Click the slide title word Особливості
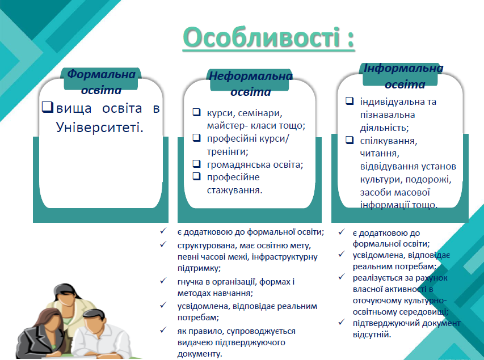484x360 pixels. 262,37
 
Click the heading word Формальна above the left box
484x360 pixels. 101,74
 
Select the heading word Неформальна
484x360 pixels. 251,76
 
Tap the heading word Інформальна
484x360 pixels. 403,68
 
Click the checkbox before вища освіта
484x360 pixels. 48,107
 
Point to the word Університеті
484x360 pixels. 100,127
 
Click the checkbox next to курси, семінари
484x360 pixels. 197,112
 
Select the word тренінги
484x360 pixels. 228,152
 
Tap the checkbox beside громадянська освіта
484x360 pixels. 197,163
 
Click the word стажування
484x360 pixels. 234,190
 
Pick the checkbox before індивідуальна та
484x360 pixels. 350,100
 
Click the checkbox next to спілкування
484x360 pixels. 350,139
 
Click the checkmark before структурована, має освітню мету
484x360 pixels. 163,244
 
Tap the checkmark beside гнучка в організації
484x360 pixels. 163,281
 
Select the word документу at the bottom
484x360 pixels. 200,354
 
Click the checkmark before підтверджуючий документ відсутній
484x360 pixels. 341,322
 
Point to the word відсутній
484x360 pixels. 372,334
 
